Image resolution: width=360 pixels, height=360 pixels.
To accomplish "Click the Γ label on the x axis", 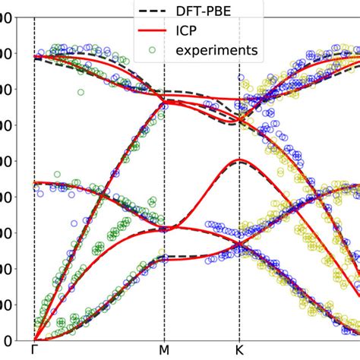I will coord(34,350).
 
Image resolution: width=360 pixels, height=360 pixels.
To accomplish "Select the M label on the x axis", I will coord(164,350).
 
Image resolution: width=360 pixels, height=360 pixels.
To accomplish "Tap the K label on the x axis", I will coord(239,350).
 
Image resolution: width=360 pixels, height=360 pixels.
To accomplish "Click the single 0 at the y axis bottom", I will coord(6,339).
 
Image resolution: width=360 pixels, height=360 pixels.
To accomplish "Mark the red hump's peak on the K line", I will coord(239,160).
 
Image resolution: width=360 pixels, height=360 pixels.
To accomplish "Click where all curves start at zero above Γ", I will coord(35,339).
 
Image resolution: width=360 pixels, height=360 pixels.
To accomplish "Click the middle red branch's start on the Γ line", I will coord(35,183).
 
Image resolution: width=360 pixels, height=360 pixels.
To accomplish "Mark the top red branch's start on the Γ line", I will coord(35,56).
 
